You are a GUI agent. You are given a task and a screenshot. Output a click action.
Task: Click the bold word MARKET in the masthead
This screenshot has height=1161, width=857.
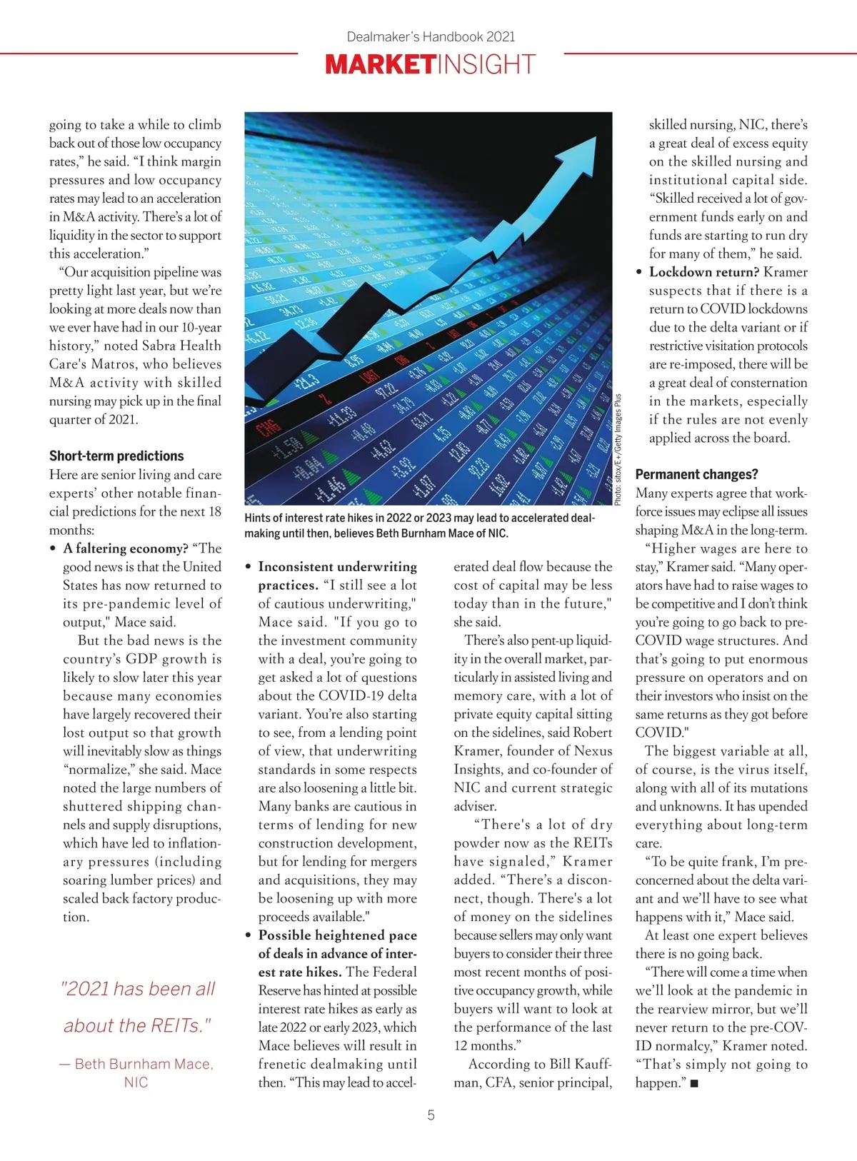coord(379,65)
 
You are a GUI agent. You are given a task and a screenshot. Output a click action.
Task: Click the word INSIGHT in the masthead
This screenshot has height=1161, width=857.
coord(485,65)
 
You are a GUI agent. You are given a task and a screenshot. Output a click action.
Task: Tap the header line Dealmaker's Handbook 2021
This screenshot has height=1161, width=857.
coord(431,36)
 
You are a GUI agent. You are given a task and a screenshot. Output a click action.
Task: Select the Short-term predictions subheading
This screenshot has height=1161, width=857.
coord(116,456)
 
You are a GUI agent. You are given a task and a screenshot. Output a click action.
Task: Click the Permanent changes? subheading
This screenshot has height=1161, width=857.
coord(696,474)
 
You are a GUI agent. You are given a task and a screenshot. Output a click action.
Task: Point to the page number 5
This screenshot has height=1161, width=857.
coord(431,1115)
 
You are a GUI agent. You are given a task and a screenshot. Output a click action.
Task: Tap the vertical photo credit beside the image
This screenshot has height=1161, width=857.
coord(618,450)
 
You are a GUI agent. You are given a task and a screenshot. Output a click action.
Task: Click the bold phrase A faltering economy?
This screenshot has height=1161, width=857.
coord(126,548)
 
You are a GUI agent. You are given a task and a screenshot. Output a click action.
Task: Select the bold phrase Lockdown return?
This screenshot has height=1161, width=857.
coord(703,272)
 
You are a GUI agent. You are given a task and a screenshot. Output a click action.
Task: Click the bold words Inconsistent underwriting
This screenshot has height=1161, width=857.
coord(337,567)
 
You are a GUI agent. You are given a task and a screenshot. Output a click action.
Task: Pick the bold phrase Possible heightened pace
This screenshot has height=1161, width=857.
coord(337,935)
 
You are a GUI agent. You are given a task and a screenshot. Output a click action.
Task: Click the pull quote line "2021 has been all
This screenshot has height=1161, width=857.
coord(138,989)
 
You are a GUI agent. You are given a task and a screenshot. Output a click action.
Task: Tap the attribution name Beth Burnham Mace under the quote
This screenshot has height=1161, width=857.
coord(143,1064)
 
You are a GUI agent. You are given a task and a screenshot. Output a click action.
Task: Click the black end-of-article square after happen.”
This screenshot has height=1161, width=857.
coord(694,1084)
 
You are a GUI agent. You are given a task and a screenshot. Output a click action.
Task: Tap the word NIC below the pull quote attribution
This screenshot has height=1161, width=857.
coord(136,1082)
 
